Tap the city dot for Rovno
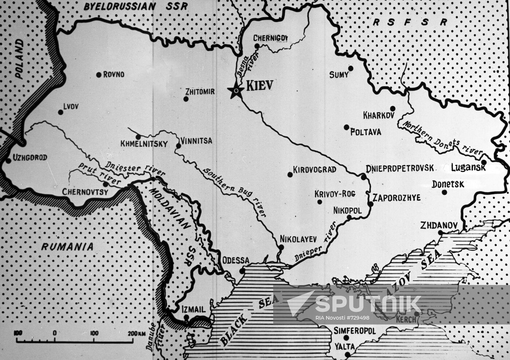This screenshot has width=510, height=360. (x=99, y=75)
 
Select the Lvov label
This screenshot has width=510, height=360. (x=71, y=106)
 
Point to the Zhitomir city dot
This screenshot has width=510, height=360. (x=186, y=99)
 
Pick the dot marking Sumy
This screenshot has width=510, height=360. (x=350, y=68)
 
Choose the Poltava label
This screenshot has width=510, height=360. (x=365, y=132)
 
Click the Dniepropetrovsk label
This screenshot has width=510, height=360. (x=400, y=168)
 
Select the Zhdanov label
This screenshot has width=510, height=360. (x=439, y=225)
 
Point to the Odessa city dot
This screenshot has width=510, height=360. (x=242, y=271)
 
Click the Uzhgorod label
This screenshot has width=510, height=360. (x=30, y=158)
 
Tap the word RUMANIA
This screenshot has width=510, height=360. (x=67, y=246)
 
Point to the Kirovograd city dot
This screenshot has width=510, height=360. (x=290, y=174)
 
